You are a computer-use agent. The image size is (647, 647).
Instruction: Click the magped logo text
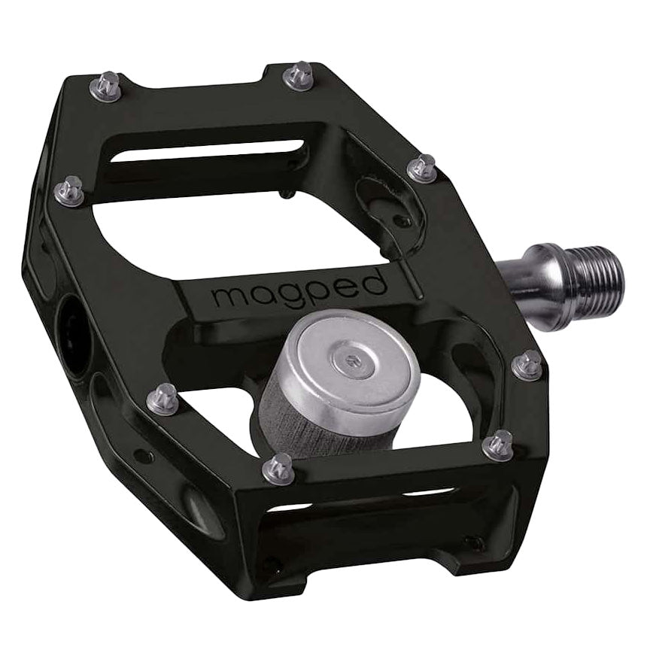pos(299,290)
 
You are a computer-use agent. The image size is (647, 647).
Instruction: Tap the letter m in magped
pos(229,296)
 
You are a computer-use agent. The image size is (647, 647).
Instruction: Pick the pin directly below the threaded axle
pos(529,366)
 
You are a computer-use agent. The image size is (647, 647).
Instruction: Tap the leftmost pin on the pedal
pos(70,190)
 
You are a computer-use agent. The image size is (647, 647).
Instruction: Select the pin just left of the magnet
pos(163,398)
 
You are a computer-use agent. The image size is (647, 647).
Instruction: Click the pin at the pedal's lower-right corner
pos(498,445)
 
